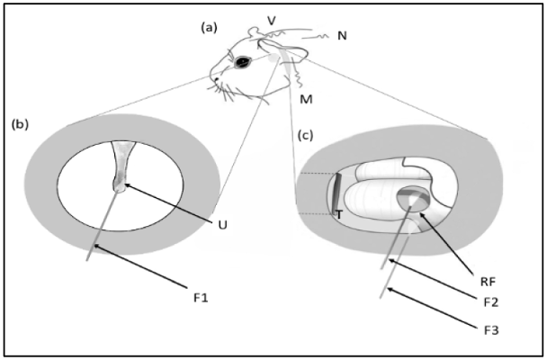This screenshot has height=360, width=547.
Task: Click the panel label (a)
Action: [x=210, y=28]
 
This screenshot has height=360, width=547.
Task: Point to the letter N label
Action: [x=342, y=36]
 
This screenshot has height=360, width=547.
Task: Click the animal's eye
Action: [x=241, y=62]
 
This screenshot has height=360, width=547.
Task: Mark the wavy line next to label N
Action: [x=317, y=39]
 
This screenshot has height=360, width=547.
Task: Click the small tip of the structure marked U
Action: [x=121, y=186]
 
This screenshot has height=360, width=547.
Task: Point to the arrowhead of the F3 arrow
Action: [x=390, y=285]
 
